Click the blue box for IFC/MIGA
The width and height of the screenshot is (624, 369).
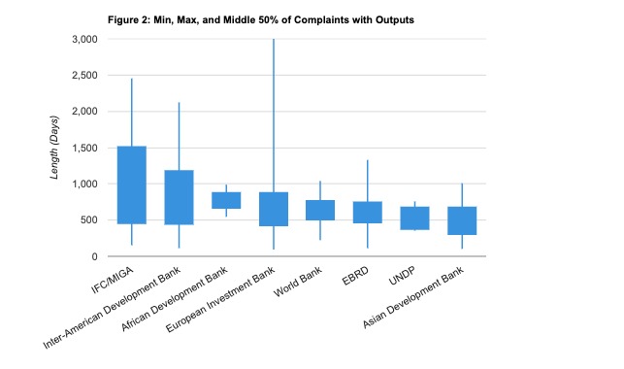click(x=132, y=184)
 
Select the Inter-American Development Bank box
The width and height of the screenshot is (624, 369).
click(x=179, y=197)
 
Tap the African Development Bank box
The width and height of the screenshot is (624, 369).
click(x=226, y=200)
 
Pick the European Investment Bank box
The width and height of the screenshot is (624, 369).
click(x=274, y=209)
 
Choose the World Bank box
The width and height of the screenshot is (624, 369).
click(x=320, y=210)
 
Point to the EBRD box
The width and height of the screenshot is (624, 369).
click(x=367, y=212)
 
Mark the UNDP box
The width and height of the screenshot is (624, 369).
click(x=414, y=218)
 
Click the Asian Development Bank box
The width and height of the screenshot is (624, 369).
click(x=462, y=220)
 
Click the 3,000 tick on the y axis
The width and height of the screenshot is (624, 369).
click(x=85, y=39)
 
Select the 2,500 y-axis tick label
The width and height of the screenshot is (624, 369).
click(x=85, y=76)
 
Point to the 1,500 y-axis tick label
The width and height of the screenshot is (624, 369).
click(x=85, y=148)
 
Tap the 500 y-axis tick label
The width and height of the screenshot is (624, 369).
click(x=90, y=220)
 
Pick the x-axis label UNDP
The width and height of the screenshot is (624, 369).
click(x=402, y=276)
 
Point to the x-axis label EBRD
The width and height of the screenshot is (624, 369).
click(x=355, y=276)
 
